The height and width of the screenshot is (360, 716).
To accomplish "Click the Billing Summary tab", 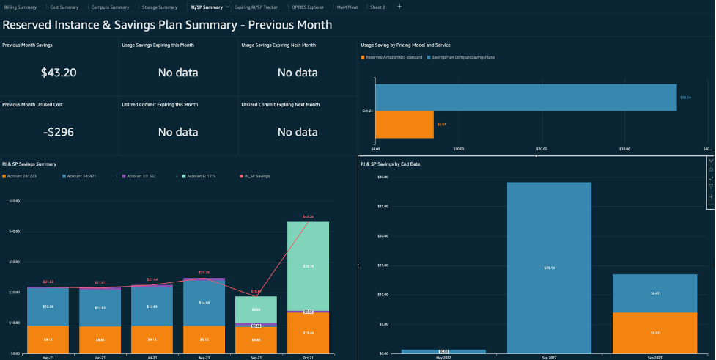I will [21, 7].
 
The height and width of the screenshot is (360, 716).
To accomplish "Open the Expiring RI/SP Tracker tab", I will [255, 7].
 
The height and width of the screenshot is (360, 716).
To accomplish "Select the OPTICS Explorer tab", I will [308, 7].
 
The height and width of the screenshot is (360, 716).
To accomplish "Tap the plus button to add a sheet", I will [399, 6].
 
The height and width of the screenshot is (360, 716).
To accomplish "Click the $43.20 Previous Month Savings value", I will [59, 72].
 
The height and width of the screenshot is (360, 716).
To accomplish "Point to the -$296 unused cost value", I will [59, 132].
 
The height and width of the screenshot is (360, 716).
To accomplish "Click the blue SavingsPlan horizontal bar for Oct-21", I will [525, 98].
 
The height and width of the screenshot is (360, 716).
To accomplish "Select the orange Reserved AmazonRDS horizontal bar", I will [405, 124].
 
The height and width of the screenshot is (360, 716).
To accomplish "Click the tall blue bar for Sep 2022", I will [549, 267].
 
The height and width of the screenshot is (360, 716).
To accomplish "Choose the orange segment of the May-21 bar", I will [48, 339].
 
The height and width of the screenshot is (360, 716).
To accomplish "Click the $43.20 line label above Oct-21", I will [308, 217].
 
